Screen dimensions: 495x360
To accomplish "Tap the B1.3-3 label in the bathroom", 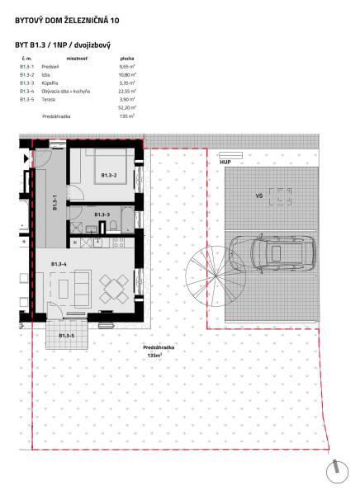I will coord(102,214).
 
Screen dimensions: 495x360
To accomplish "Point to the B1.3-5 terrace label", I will coord(65,336).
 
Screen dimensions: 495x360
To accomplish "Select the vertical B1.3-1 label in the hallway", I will coord(54,204).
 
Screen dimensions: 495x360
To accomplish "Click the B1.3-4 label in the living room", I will coord(59,263).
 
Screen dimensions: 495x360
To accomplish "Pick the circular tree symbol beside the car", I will coord(202,278).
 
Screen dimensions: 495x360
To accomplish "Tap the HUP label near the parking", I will coord(225,163).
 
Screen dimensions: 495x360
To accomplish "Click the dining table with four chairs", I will coord(112,289).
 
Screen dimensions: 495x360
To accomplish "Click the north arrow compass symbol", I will coord(337,471).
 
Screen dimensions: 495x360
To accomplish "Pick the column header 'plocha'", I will coord(127,59).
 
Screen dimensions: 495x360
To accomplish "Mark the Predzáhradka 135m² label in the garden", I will coord(152,351).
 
